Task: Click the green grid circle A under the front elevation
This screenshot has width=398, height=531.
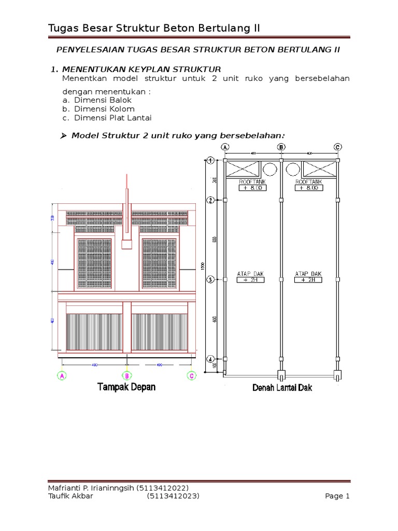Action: click(x=62, y=375)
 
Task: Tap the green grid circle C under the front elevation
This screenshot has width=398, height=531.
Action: click(x=191, y=375)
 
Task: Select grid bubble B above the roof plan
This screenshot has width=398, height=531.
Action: click(x=281, y=147)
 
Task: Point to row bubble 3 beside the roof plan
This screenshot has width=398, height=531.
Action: click(x=210, y=280)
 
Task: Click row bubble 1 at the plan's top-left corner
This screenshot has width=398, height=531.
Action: click(x=210, y=161)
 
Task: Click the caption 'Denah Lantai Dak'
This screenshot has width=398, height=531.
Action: click(x=282, y=387)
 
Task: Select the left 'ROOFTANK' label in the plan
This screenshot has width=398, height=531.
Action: click(x=252, y=182)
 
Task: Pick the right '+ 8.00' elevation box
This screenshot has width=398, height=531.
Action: click(x=309, y=188)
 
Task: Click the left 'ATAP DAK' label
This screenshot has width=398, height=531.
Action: click(x=251, y=273)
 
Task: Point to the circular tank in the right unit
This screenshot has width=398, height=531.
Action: click(x=293, y=169)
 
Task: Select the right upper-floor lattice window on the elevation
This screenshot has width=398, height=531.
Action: click(x=159, y=263)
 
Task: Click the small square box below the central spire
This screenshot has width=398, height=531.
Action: click(x=126, y=243)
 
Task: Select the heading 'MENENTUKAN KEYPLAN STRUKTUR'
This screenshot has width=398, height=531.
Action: click(x=141, y=69)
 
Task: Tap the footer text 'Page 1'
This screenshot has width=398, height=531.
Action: click(x=337, y=496)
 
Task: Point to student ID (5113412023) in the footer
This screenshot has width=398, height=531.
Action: click(x=173, y=496)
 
